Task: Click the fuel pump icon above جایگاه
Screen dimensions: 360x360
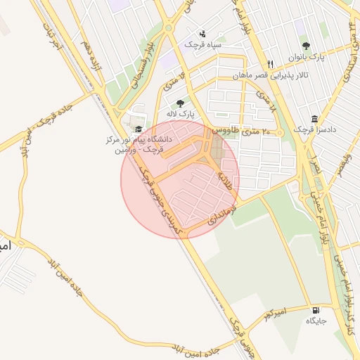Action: tap(314, 309)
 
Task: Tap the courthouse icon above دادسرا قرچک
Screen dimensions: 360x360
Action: tap(314, 119)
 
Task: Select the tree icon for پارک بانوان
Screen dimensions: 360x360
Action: tap(304, 46)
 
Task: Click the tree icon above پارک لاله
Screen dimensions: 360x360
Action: tap(181, 103)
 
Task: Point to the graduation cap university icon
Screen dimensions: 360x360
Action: tap(139, 129)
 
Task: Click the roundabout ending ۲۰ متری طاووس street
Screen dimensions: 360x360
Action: tap(280, 131)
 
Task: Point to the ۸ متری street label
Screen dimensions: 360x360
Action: tap(263, 103)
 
